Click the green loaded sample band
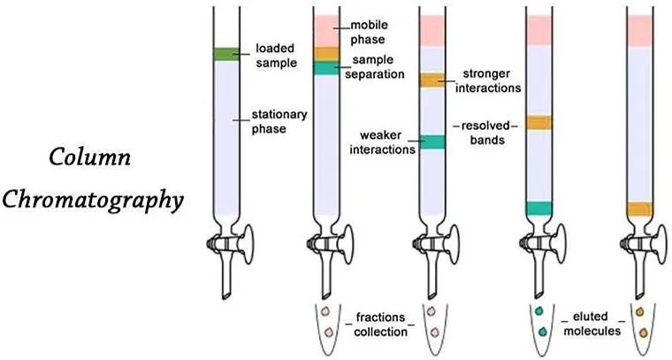click(226, 54)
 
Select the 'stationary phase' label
click(279, 122)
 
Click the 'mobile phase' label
click(369, 32)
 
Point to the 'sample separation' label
click(375, 67)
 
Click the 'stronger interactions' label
click(488, 80)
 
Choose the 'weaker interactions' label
click(382, 142)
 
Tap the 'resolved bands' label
click(486, 133)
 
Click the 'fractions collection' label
click(380, 325)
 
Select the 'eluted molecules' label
click(592, 324)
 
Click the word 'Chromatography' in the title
click(93, 201)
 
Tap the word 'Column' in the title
click(89, 157)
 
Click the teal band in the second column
click(326, 68)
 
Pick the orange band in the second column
click(326, 54)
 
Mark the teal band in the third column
click(432, 142)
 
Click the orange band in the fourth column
click(538, 123)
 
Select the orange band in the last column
click(640, 209)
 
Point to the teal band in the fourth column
click(538, 208)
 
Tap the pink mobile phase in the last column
click(640, 31)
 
